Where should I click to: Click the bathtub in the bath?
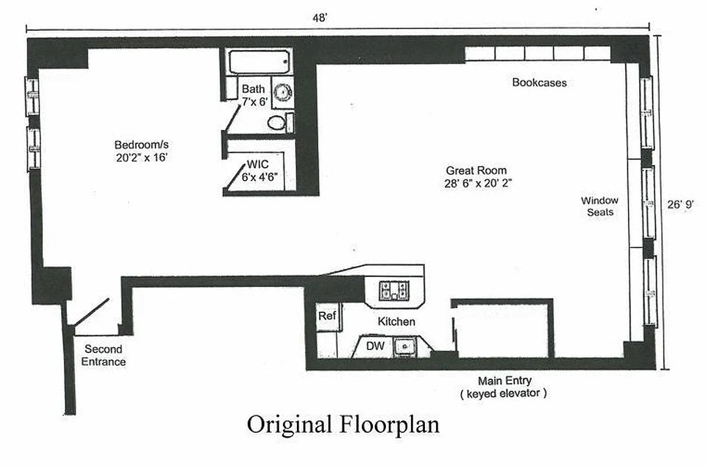pos(259,61)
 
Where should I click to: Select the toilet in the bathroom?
pos(277,123)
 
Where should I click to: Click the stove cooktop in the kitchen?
pos(394,290)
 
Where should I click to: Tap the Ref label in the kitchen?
pos(327,316)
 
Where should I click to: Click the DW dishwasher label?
pos(375,347)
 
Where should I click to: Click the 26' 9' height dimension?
pos(681,204)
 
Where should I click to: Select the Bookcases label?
pos(539,83)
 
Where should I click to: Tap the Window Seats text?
pos(599,207)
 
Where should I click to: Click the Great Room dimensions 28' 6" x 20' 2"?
pos(476,183)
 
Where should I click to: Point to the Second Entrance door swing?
pos(91,313)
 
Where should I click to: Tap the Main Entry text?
pos(504,381)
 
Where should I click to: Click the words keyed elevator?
pos(504,393)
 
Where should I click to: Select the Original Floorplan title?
pos(343,424)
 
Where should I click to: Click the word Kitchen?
pos(396,322)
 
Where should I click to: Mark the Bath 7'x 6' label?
pos(253,94)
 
